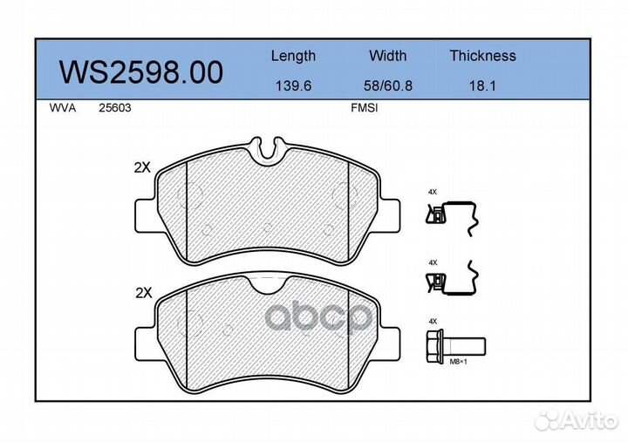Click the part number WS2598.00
tap(140, 72)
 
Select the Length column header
tap(293, 56)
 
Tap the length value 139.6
tap(293, 85)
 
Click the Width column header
tap(387, 56)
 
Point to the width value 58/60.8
tap(387, 85)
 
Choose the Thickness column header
tap(482, 56)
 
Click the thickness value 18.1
tap(482, 85)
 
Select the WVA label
tap(63, 108)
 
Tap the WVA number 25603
tap(115, 108)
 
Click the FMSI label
tap(364, 108)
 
